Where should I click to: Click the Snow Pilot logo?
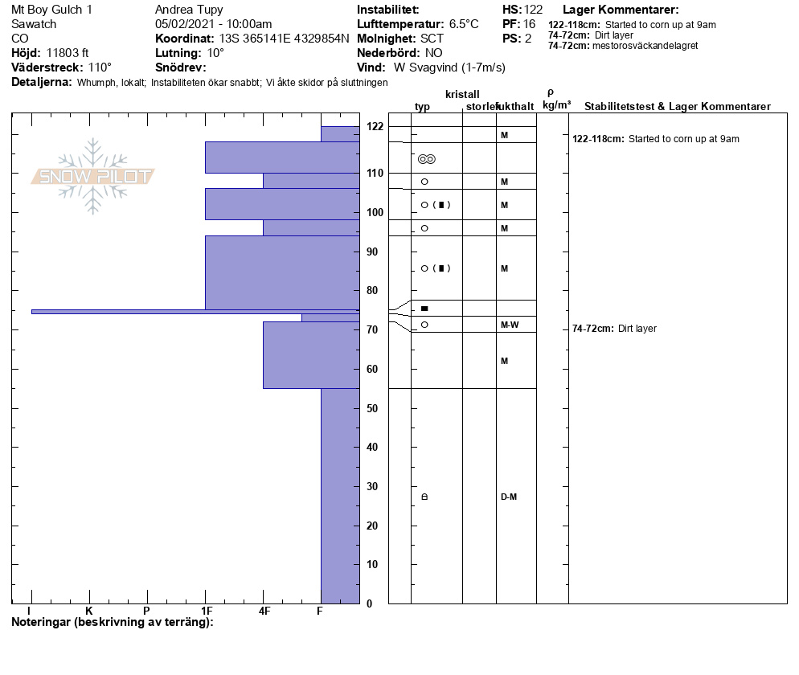[93, 176]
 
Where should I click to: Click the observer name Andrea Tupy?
[189, 10]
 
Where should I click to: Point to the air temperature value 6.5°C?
[464, 24]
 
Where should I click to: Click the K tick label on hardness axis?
[89, 612]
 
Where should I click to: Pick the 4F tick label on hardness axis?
[264, 612]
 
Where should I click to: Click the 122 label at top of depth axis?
[375, 126]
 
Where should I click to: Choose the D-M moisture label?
[509, 497]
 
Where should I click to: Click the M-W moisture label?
[509, 325]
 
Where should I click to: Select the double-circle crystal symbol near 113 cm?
[427, 159]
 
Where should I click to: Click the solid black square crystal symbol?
[424, 309]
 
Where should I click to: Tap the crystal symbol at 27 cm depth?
[424, 497]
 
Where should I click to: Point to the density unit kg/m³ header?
[556, 105]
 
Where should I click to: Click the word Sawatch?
[34, 24]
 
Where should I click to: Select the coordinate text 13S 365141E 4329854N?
[284, 39]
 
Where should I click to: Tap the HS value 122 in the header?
[533, 10]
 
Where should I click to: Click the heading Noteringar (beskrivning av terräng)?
[113, 623]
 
